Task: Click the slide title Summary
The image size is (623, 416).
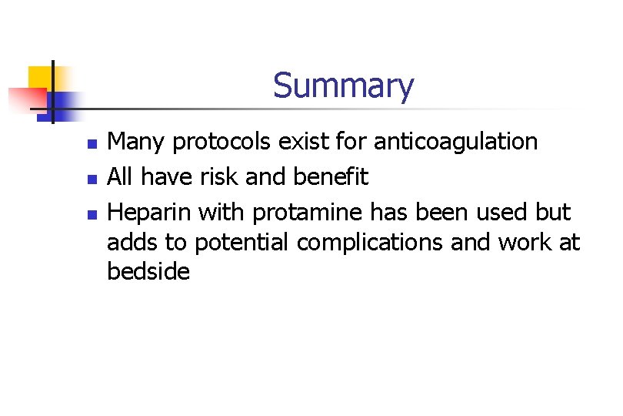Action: (343, 86)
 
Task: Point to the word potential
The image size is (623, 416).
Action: (242, 243)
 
